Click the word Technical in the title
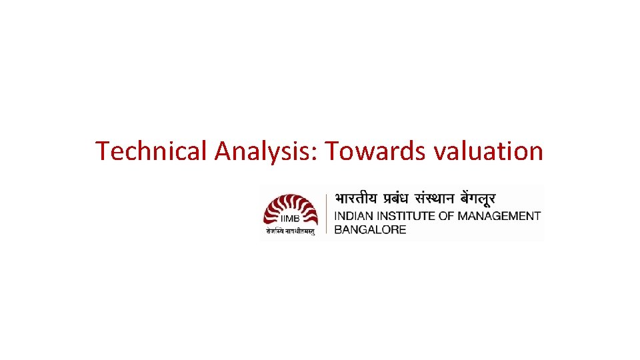click(x=151, y=151)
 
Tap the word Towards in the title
click(x=375, y=151)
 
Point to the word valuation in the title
click(x=488, y=151)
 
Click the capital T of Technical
click(x=102, y=151)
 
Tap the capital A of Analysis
click(x=223, y=151)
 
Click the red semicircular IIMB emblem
click(x=291, y=209)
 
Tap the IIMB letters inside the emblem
click(x=291, y=219)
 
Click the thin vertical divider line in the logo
click(x=326, y=213)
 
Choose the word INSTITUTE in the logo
click(x=405, y=216)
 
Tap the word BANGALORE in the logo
click(x=370, y=229)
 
